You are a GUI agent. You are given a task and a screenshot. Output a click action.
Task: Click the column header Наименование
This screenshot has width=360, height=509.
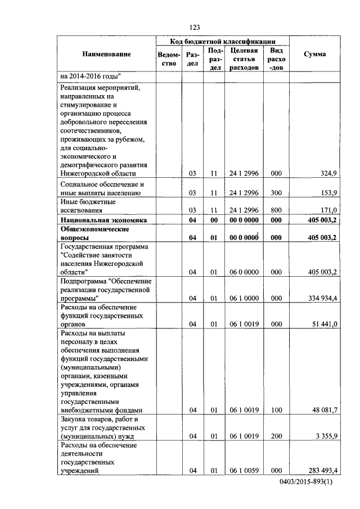[106, 54]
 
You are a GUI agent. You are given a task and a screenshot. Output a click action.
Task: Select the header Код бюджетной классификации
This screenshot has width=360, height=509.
[223, 41]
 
